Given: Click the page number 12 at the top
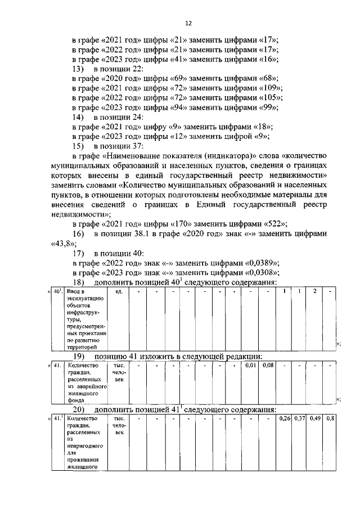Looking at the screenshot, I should point(188,23).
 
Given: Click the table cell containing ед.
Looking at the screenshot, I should point(119,291).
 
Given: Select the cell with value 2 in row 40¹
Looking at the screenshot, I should point(315,291).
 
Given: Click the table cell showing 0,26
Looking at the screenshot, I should point(284,418).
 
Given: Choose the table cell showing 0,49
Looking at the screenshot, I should point(315,418).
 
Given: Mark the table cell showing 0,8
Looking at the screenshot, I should point(330,418).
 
